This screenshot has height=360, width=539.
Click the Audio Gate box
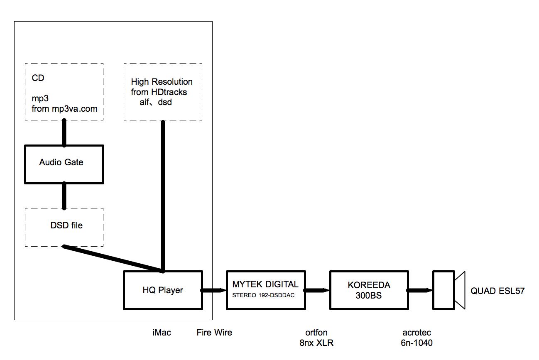64,164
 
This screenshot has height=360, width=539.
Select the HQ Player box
163,290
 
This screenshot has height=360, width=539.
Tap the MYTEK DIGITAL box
266,290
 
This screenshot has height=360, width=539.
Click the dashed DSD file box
64,227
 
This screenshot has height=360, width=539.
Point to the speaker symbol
448,290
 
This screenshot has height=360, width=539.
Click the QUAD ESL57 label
497,291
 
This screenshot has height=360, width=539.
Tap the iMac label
162,333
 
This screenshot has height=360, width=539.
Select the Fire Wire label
214,333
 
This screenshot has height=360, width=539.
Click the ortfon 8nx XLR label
316,338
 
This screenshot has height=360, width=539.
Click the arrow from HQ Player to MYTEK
213,290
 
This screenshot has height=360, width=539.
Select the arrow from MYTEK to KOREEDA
317,290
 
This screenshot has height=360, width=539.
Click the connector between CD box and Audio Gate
64,133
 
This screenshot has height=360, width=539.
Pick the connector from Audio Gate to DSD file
64,196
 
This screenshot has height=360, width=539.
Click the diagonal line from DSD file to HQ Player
112,258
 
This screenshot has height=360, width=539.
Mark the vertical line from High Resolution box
163,195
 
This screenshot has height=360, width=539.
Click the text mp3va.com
75,109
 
